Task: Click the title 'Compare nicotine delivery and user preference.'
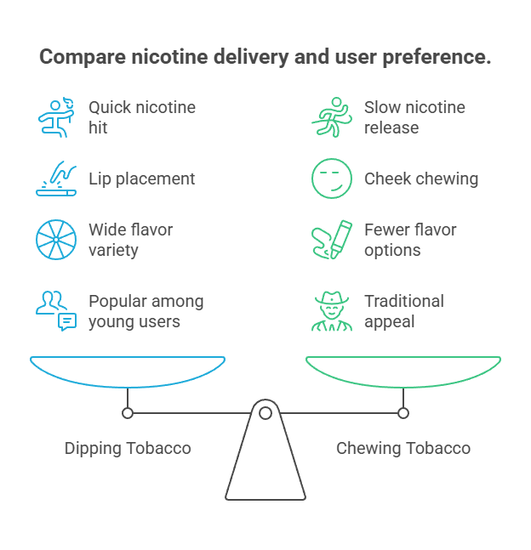pyautogui.click(x=265, y=58)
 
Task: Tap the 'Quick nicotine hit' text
pyautogui.click(x=141, y=117)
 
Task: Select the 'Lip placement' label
pyautogui.click(x=141, y=179)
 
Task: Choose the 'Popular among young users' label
pyautogui.click(x=146, y=311)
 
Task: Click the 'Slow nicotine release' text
pyautogui.click(x=414, y=117)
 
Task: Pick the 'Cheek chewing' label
pyautogui.click(x=420, y=179)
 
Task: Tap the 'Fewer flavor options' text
pyautogui.click(x=410, y=240)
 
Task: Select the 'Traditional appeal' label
pyautogui.click(x=403, y=311)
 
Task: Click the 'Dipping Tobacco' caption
pyautogui.click(x=128, y=448)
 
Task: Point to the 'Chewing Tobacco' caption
pyautogui.click(x=403, y=448)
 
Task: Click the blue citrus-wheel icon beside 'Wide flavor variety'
pyautogui.click(x=55, y=240)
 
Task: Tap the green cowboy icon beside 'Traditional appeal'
pyautogui.click(x=330, y=311)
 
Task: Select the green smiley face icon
pyautogui.click(x=330, y=179)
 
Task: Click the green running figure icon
pyautogui.click(x=330, y=117)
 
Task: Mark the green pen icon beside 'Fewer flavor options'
pyautogui.click(x=330, y=240)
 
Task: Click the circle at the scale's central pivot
pyautogui.click(x=265, y=413)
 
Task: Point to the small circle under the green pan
pyautogui.click(x=403, y=413)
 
